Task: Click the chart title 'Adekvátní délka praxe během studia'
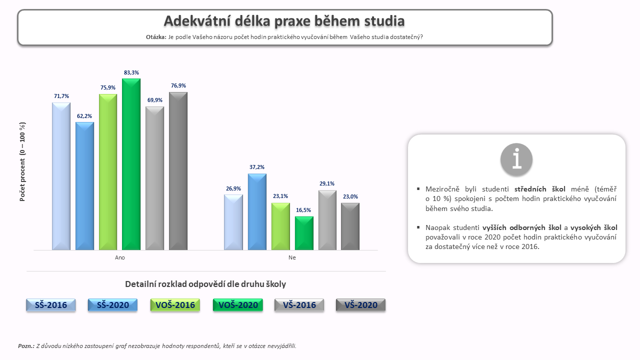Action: click(284, 21)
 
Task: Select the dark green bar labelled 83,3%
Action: click(131, 164)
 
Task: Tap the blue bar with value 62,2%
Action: click(84, 186)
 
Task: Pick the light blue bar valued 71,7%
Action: click(61, 176)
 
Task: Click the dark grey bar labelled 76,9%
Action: click(178, 171)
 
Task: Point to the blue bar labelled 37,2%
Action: click(257, 211)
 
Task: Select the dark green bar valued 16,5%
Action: click(304, 233)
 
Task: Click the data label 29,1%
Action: click(327, 183)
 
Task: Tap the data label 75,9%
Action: click(107, 87)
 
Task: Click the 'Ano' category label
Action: click(120, 257)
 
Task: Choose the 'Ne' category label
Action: click(292, 257)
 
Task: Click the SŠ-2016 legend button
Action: click(51, 305)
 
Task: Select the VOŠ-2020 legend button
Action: click(238, 305)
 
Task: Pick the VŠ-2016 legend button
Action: click(299, 305)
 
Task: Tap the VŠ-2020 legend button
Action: click(361, 305)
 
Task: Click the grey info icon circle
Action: click(516, 159)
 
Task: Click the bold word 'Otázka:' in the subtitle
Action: click(156, 37)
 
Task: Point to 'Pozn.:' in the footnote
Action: click(26, 346)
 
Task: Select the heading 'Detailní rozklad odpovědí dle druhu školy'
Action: click(205, 284)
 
